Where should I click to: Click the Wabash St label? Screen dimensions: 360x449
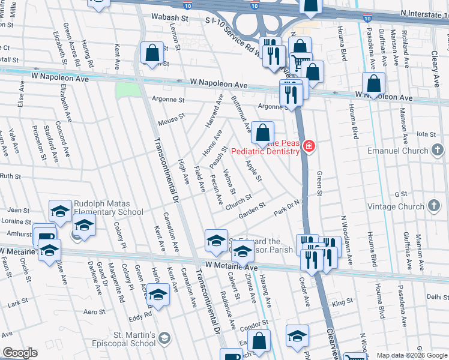[170, 19]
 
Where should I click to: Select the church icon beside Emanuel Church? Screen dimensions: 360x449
[439, 149]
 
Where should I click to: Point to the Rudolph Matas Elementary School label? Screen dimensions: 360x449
[108, 208]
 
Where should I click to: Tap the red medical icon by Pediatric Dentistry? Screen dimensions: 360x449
[309, 146]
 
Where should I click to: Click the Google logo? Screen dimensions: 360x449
[20, 353]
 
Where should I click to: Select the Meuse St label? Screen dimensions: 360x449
[170, 122]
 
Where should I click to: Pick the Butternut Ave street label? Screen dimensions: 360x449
[241, 115]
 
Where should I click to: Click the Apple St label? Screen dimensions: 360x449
[254, 170]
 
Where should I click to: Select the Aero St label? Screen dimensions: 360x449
[95, 311]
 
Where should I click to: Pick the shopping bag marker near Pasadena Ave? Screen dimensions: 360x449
[373, 85]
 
